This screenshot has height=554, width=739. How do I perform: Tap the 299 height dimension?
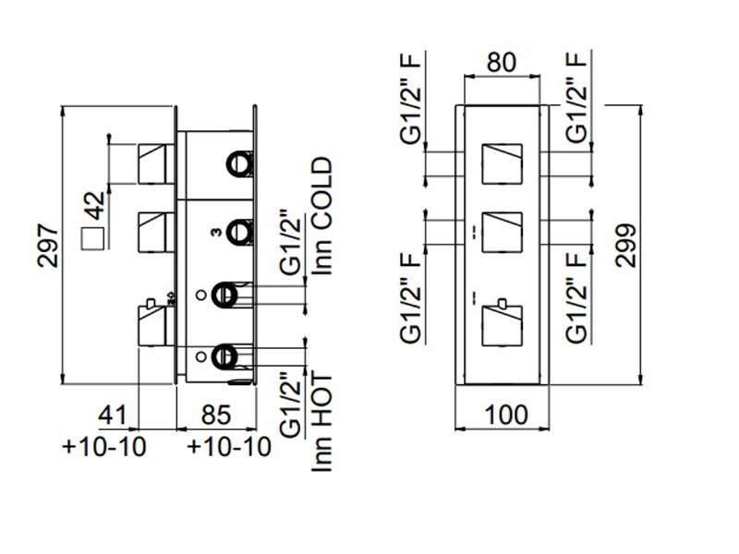pyautogui.click(x=627, y=244)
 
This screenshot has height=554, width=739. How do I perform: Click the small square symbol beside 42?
pyautogui.click(x=92, y=239)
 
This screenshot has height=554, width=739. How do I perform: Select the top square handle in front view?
pyautogui.click(x=503, y=163)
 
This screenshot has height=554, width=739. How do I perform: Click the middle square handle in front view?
pyautogui.click(x=503, y=231)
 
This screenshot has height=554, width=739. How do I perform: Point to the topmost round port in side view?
pyautogui.click(x=240, y=164)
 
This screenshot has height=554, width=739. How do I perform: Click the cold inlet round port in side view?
pyautogui.click(x=224, y=295)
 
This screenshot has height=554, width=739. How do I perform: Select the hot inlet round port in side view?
pyautogui.click(x=224, y=354)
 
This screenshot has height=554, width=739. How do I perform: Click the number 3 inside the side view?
pyautogui.click(x=215, y=233)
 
